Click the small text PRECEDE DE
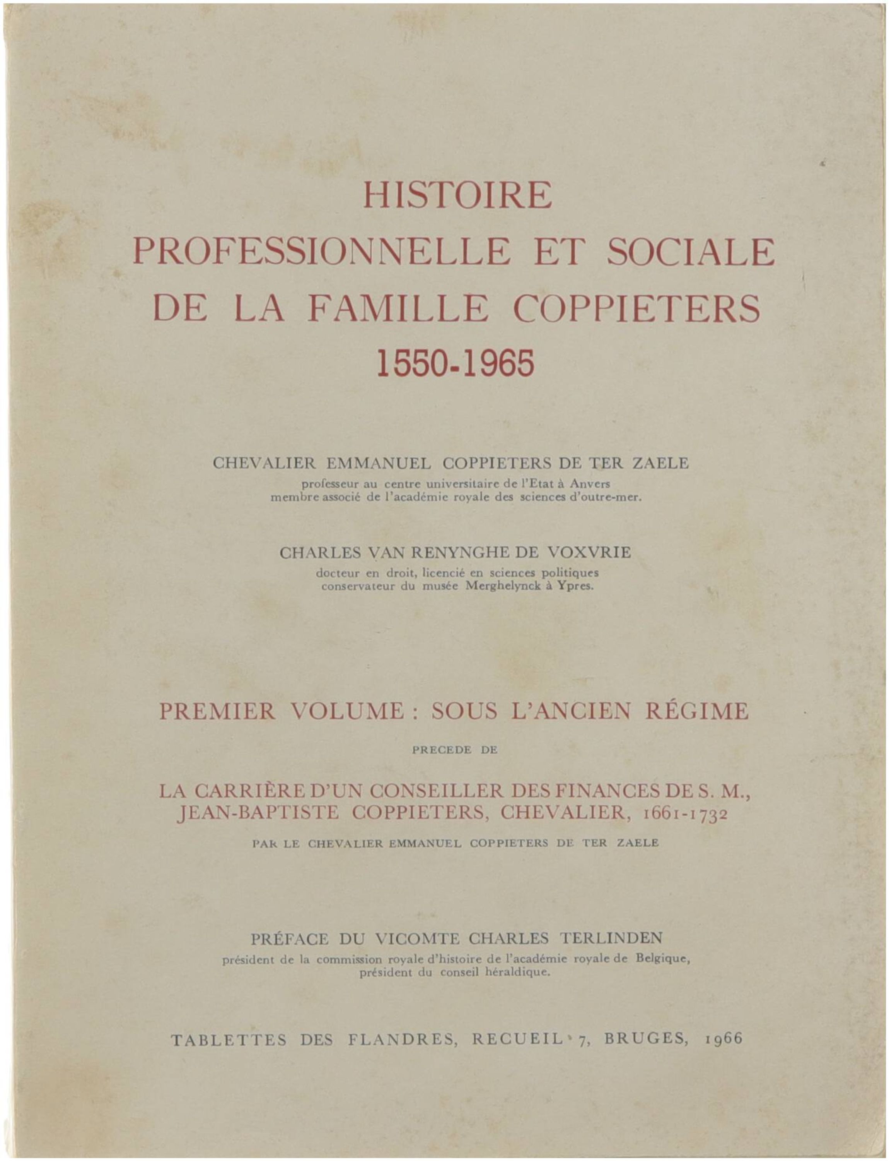click(455, 750)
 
